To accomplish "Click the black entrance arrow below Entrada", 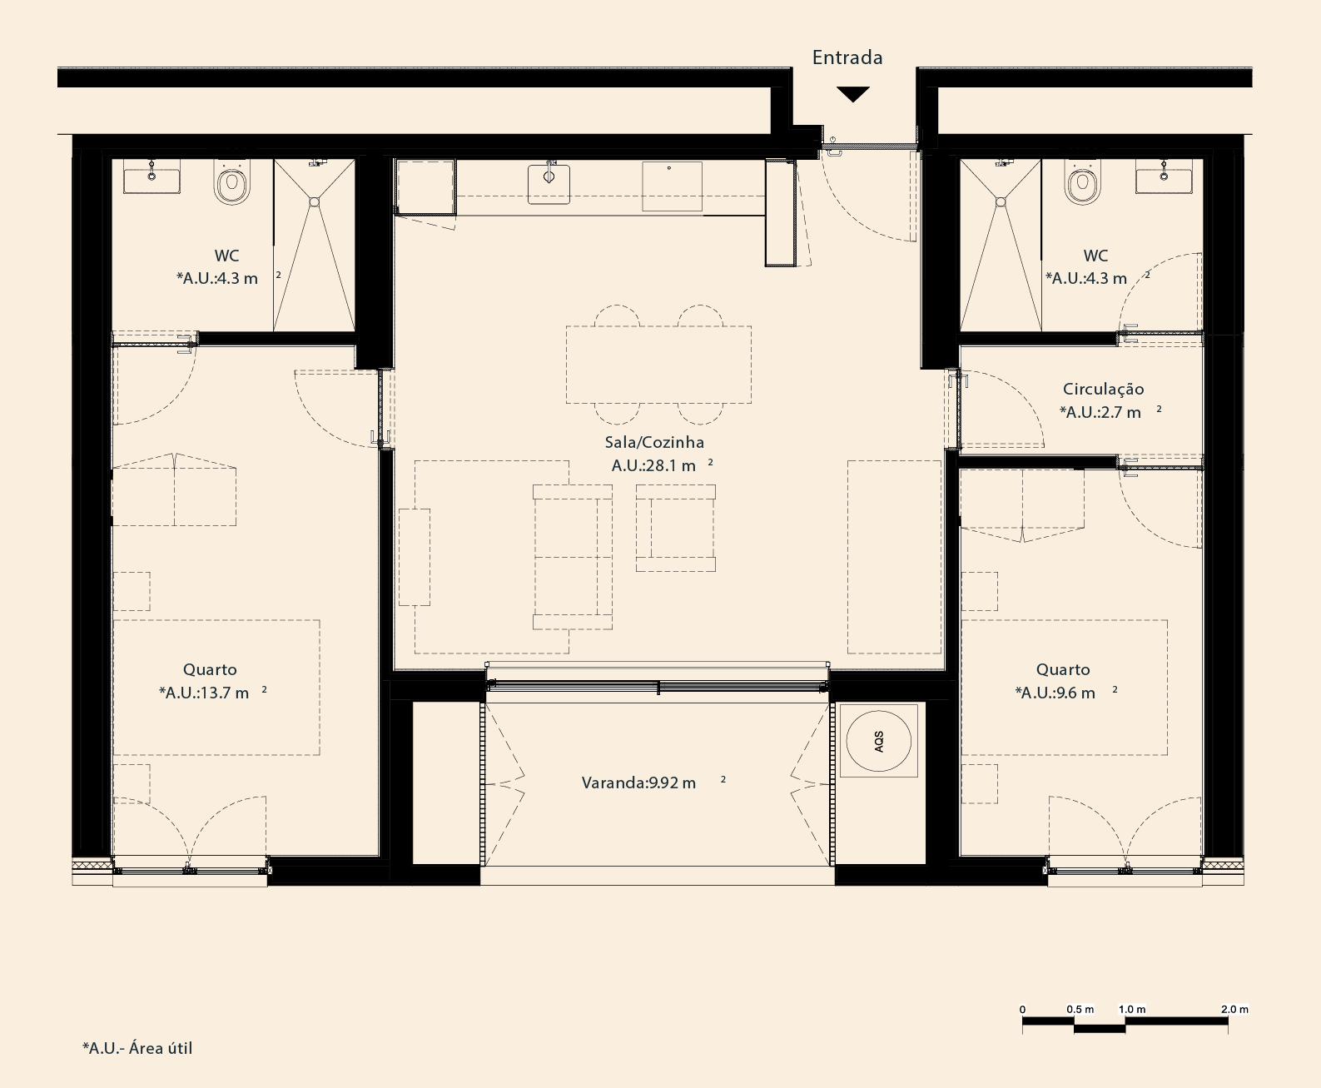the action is pyautogui.click(x=853, y=94).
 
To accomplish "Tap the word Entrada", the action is pyautogui.click(x=847, y=57).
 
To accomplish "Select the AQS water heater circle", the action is pyautogui.click(x=879, y=741).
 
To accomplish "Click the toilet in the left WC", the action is pyautogui.click(x=232, y=182).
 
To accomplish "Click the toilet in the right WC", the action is pyautogui.click(x=1083, y=182).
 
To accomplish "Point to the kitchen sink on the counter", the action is pyautogui.click(x=549, y=183).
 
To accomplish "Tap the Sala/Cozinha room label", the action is pyautogui.click(x=654, y=442).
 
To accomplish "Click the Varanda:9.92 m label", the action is pyautogui.click(x=639, y=783).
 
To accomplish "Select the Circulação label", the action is pyautogui.click(x=1104, y=390).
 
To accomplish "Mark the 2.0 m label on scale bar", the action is pyautogui.click(x=1234, y=1009).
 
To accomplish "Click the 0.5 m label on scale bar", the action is pyautogui.click(x=1080, y=1009).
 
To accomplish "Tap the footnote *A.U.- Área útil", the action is pyautogui.click(x=137, y=1048).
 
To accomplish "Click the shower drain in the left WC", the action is pyautogui.click(x=315, y=202).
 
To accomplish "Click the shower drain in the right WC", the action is pyautogui.click(x=1001, y=202).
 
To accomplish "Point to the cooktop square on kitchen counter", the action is pyautogui.click(x=672, y=186).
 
